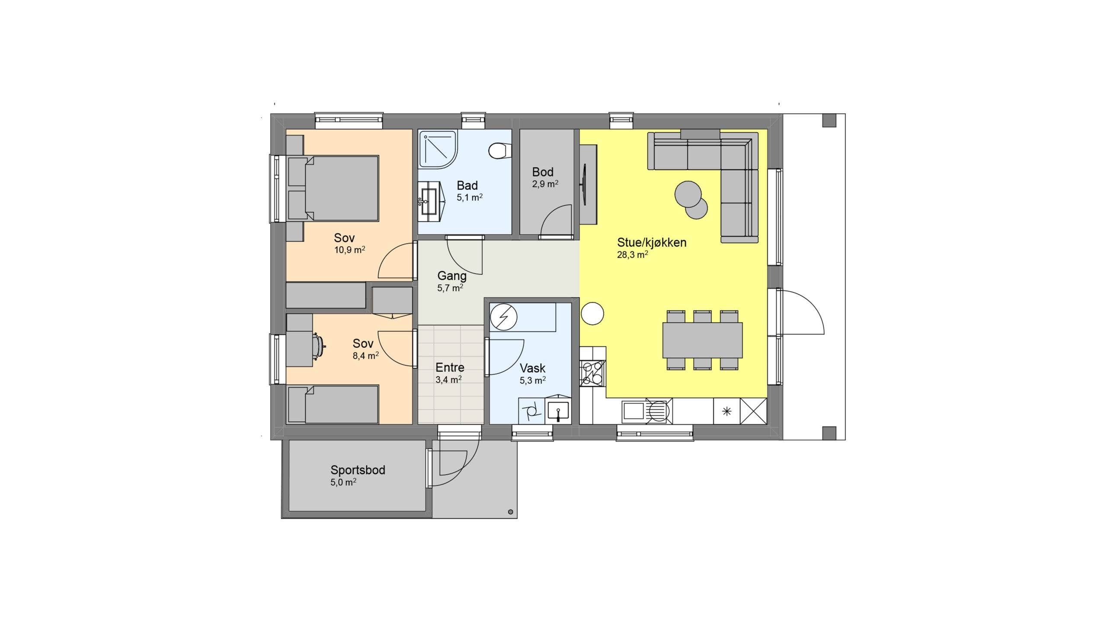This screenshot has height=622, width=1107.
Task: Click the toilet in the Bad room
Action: click(499, 151)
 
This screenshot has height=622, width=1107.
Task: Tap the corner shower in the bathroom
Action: click(438, 149)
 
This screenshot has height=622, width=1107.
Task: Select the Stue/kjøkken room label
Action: click(652, 243)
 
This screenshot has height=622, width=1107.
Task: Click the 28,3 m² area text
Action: click(632, 255)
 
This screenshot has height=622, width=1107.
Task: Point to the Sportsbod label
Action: click(358, 470)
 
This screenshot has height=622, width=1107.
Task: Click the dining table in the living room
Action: click(702, 340)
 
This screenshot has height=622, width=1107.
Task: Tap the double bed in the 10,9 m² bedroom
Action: click(333, 188)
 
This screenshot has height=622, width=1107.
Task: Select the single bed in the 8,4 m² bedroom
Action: click(333, 404)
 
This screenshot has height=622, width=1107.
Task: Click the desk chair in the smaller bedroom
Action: click(318, 346)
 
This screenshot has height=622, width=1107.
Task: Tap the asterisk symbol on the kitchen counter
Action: click(727, 411)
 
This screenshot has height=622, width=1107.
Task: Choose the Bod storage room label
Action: click(543, 172)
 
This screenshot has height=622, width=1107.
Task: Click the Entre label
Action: click(450, 368)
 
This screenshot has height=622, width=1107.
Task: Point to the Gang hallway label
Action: click(452, 276)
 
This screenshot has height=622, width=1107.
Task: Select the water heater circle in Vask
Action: click(503, 317)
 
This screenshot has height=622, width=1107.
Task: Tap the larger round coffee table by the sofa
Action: click(688, 194)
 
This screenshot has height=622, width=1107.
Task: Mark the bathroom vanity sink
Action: click(429, 202)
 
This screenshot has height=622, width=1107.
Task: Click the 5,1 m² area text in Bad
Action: click(470, 198)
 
